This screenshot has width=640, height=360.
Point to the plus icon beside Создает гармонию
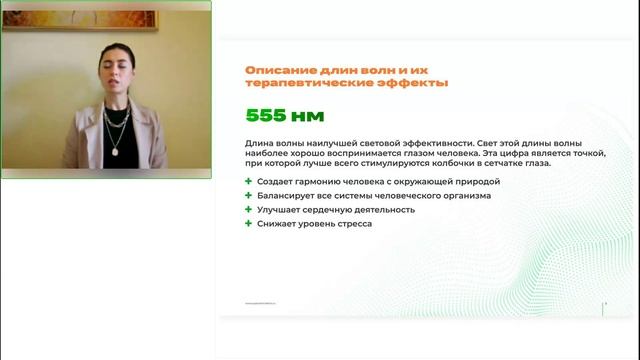pyautogui.click(x=248, y=181)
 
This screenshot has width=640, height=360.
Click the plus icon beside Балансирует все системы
pyautogui.click(x=248, y=195)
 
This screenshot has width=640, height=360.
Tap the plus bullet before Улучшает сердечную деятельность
pyautogui.click(x=248, y=210)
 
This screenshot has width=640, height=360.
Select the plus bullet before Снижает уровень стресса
pyautogui.click(x=248, y=224)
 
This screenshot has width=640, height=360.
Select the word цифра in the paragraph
pyautogui.click(x=517, y=154)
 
